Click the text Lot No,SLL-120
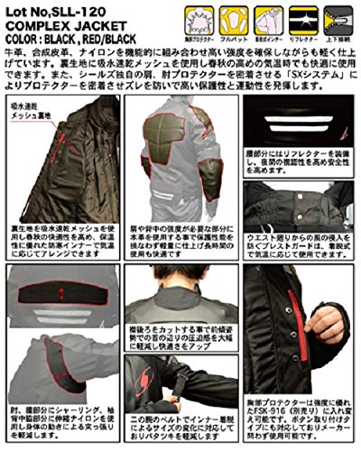tap(52, 9)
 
